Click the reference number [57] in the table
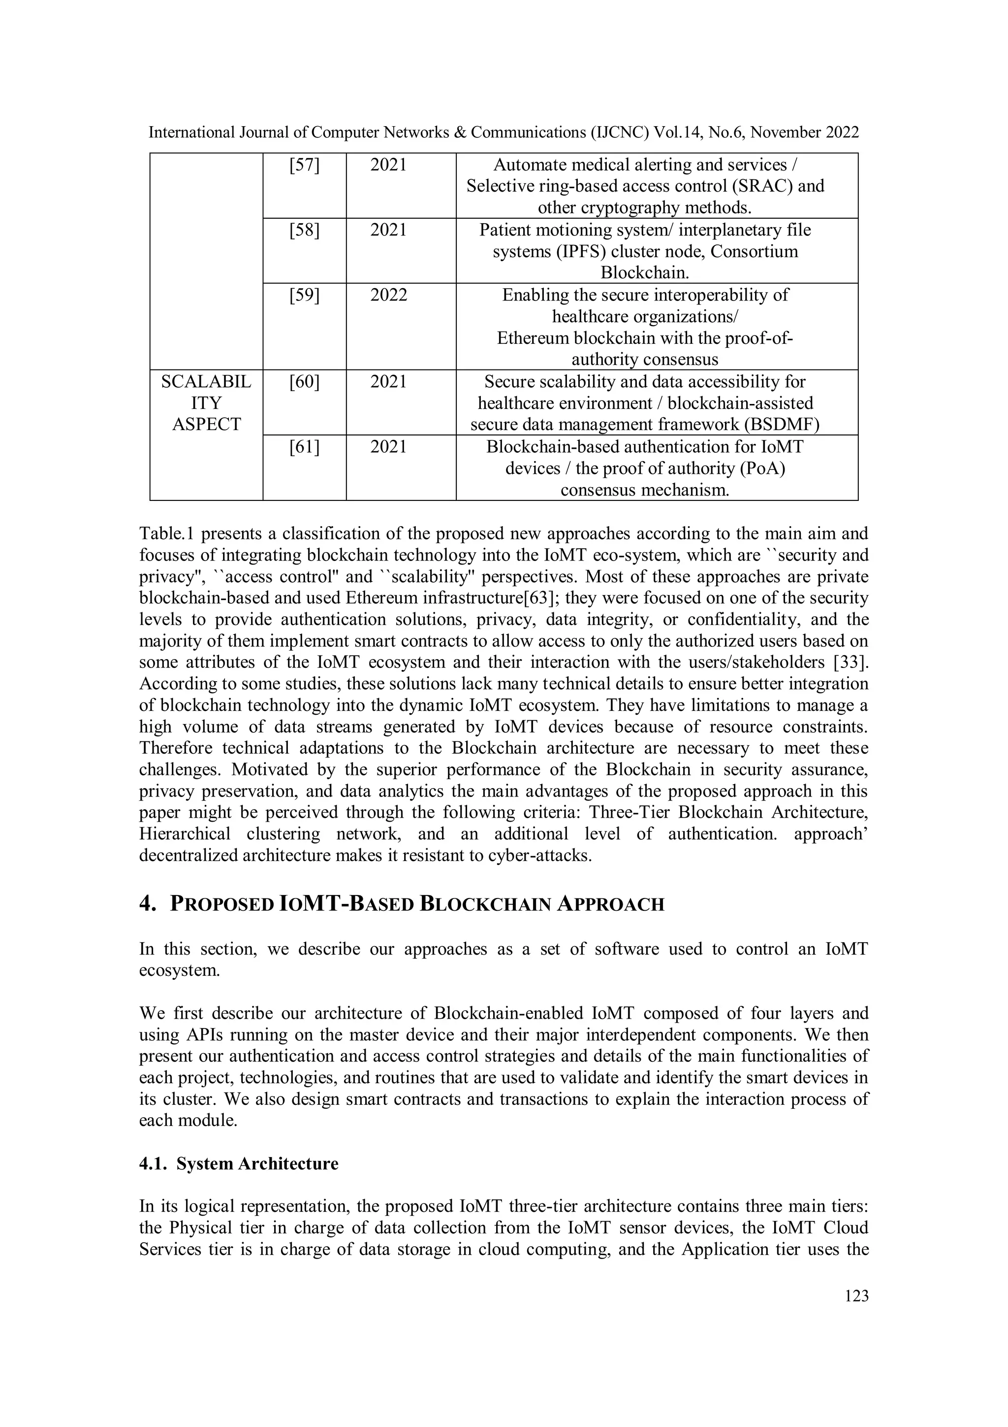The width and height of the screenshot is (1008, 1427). click(x=304, y=166)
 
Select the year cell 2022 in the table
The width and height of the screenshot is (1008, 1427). click(x=388, y=295)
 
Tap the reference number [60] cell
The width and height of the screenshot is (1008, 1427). click(x=304, y=382)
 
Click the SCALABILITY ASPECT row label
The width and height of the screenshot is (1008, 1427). click(x=206, y=403)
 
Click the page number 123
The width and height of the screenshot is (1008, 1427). click(x=856, y=1296)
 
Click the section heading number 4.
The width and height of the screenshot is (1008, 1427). click(x=147, y=904)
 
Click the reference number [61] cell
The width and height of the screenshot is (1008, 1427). click(x=304, y=447)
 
